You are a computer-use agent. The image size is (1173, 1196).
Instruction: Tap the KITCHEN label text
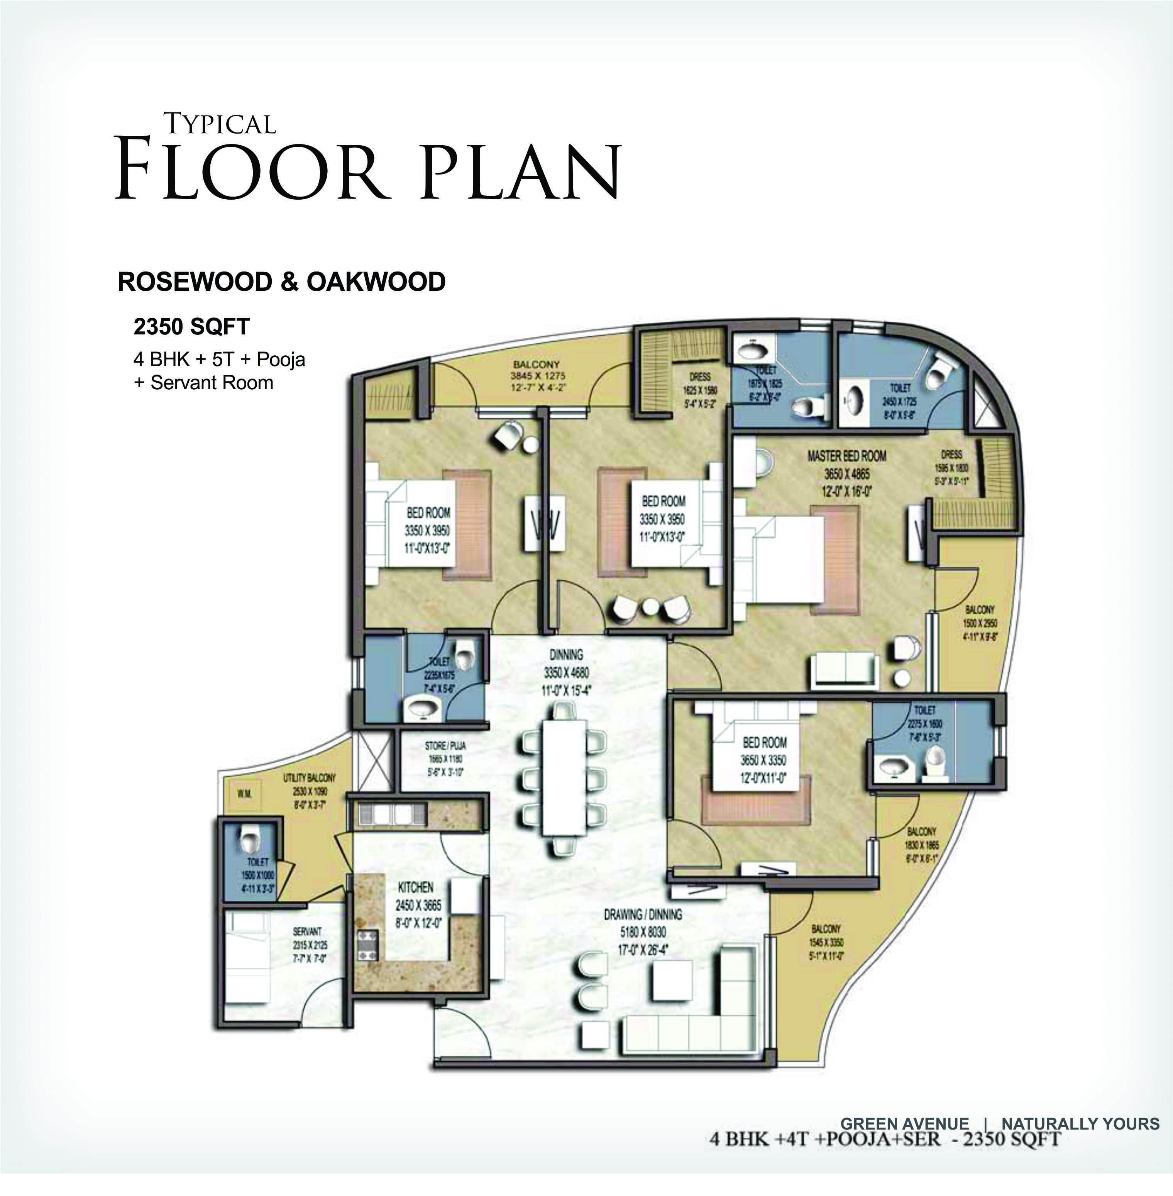[415, 887]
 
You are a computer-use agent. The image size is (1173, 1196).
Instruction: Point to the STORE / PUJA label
[445, 746]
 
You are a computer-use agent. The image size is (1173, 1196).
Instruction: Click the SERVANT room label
[306, 931]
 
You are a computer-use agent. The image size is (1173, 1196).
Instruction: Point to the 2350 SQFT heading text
[191, 327]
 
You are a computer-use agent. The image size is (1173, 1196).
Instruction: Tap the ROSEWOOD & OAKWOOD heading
[281, 282]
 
